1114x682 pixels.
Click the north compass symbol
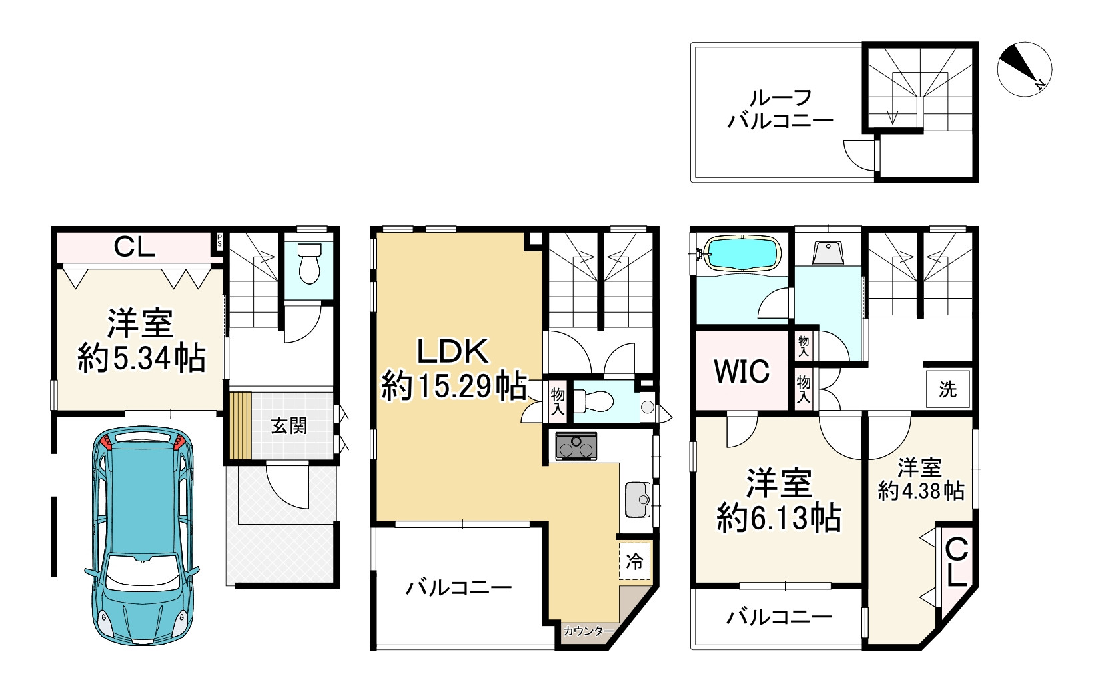coord(1024,70)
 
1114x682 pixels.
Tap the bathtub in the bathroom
coord(742,253)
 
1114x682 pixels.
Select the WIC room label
coord(741,371)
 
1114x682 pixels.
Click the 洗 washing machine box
coord(947,389)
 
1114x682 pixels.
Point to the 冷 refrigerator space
coord(634,561)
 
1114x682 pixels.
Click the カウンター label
coord(587,631)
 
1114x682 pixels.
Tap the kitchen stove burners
coord(576,446)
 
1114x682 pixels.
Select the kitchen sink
coord(639,498)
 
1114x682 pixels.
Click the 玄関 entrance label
coord(288,426)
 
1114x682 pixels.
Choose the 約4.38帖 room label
coord(920,491)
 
